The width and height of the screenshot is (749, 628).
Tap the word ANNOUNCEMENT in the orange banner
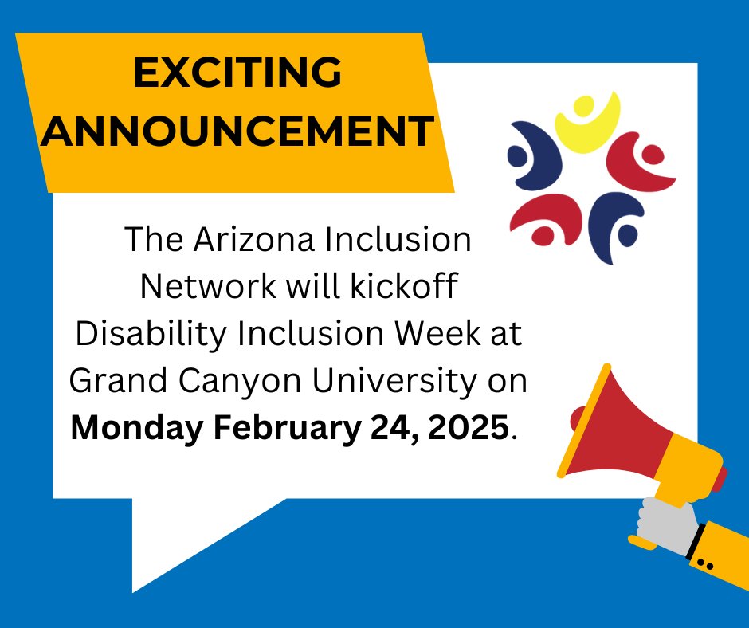[238, 131]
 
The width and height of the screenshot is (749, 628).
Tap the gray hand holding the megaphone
[665, 526]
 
